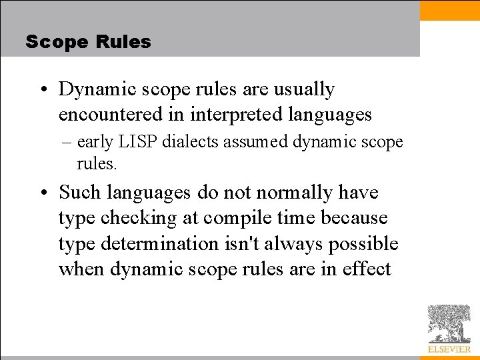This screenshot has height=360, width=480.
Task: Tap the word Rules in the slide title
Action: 123,42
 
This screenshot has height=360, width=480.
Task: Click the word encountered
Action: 103,115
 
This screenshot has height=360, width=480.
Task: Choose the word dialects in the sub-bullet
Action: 183,142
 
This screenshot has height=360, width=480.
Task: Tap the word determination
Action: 159,244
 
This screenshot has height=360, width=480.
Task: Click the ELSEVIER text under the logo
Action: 449,349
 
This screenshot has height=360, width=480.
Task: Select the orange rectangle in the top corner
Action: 450,10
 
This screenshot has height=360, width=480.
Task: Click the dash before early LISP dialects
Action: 69,142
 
